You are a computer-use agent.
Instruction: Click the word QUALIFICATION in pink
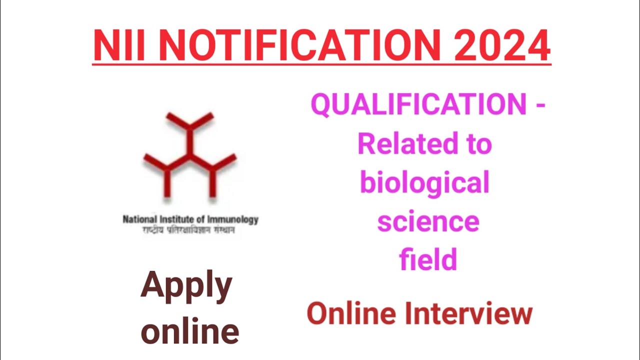[419, 105]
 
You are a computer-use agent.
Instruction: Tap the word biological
[424, 183]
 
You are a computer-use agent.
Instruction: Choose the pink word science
[428, 221]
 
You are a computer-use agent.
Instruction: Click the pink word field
[428, 260]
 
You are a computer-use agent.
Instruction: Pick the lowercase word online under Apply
[189, 331]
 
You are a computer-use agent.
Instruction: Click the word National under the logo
[140, 219]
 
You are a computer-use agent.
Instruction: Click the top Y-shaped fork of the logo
[190, 123]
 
